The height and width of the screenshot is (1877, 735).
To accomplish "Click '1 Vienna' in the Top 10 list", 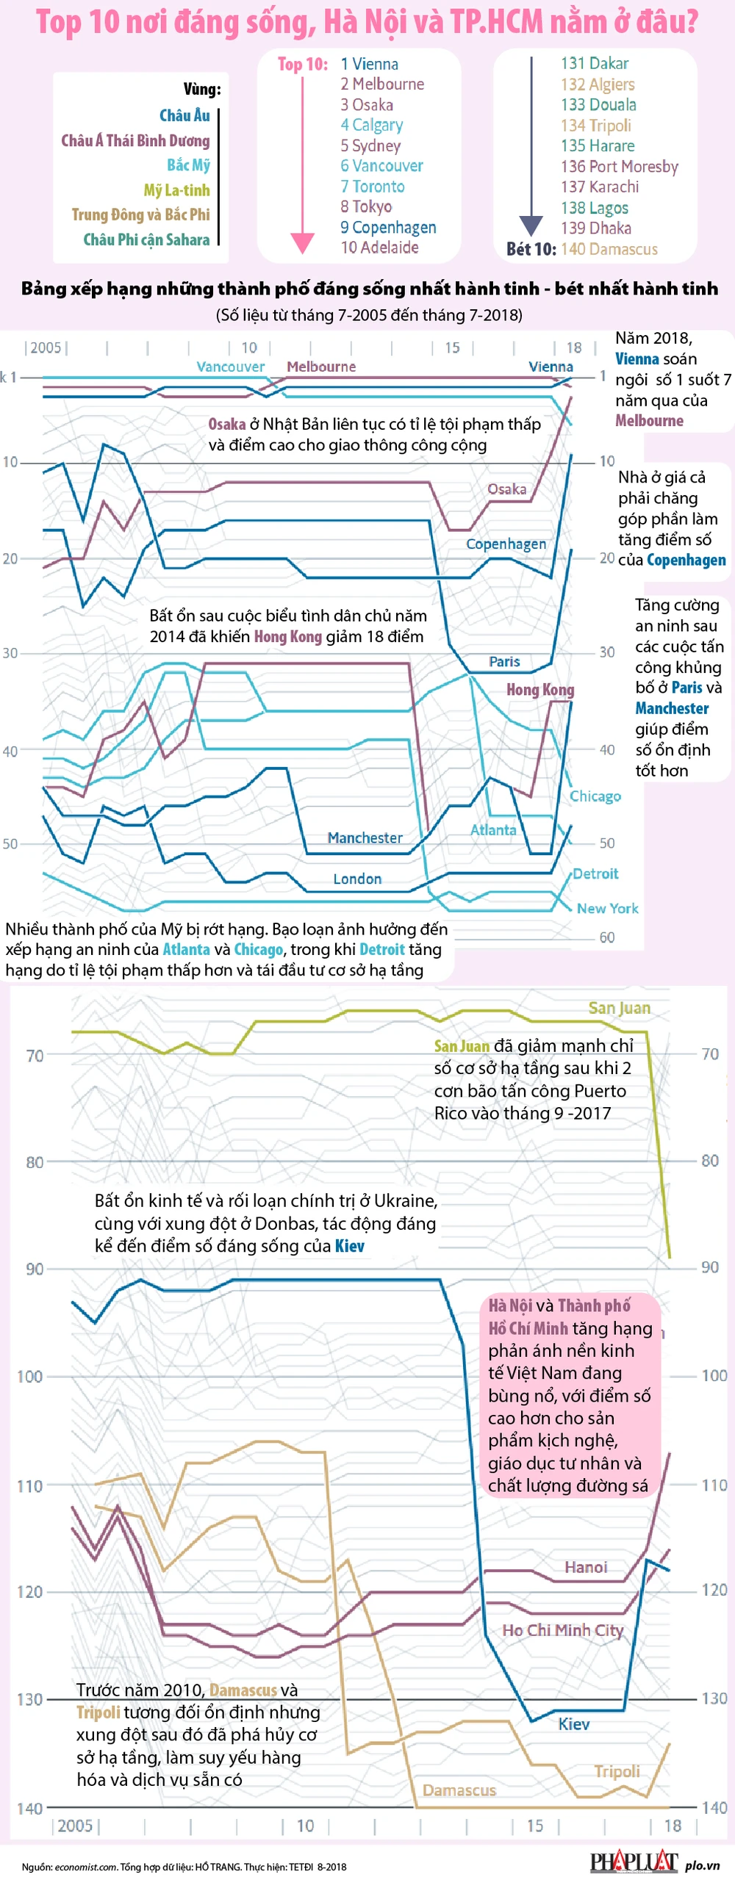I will point(369,64).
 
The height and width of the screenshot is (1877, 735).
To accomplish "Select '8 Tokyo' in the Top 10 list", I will point(365,206).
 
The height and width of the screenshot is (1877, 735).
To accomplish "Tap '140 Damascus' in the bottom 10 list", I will point(609,249).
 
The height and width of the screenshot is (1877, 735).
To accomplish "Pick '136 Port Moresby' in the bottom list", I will point(619,167).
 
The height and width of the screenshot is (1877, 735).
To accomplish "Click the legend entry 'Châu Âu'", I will point(184,115).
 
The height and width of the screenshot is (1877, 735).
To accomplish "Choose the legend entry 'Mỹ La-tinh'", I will point(176,190).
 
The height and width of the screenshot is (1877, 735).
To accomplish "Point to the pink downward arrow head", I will point(302,243).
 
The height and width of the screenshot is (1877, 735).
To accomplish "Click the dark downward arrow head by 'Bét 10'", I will point(531,226).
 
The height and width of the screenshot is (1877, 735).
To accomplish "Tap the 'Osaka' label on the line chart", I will point(506,489).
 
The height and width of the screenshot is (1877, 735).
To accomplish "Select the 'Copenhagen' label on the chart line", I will point(506,544).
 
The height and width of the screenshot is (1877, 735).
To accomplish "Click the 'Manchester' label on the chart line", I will point(365,837).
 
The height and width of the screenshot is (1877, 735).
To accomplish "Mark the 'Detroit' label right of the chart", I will point(595,873).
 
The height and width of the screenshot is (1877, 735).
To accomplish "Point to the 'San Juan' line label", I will point(619,1008).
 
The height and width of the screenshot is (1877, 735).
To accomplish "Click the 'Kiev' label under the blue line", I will point(573,1724).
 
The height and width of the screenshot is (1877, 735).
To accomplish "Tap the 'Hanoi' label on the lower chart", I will point(586,1567).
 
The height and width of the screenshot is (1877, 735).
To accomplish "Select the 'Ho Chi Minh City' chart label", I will point(562,1630).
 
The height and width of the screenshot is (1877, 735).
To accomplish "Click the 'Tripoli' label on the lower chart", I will point(617,1771).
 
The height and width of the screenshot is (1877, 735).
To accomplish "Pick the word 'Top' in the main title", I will point(59,22).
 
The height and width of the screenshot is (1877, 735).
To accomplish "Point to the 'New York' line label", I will point(607,908).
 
